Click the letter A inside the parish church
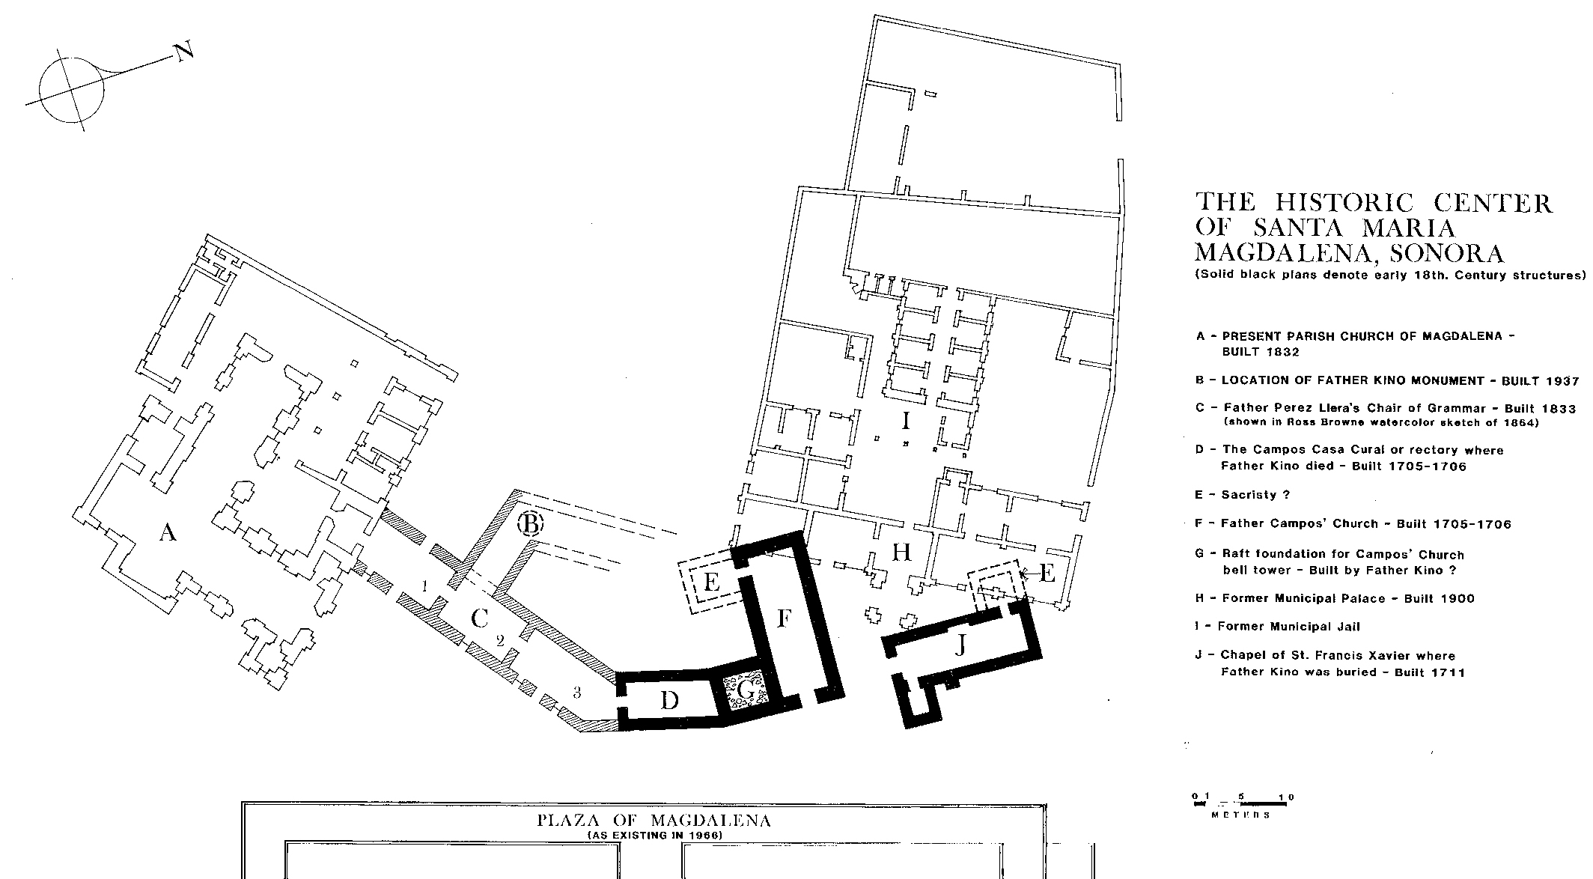pyautogui.click(x=168, y=532)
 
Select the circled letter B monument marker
pyautogui.click(x=529, y=523)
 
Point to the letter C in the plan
pyautogui.click(x=480, y=618)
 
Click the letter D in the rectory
pyautogui.click(x=669, y=701)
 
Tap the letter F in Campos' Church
pyautogui.click(x=783, y=619)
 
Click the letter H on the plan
pyautogui.click(x=901, y=553)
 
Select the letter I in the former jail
pyautogui.click(x=906, y=422)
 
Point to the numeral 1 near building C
pyautogui.click(x=424, y=585)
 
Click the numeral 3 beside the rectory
pyautogui.click(x=576, y=693)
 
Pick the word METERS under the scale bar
pyautogui.click(x=1240, y=815)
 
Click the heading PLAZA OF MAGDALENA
pyautogui.click(x=654, y=821)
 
